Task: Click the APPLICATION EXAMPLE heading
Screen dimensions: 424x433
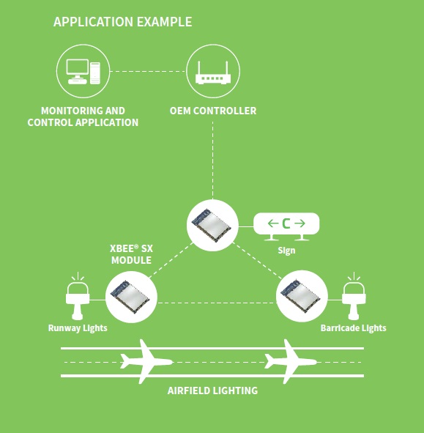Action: coord(122,22)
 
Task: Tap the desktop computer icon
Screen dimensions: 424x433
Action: coord(83,71)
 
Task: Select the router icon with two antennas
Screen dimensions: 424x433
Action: coord(213,73)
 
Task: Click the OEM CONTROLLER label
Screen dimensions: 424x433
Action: coord(213,111)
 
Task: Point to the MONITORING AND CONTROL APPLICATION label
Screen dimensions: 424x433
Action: coord(83,116)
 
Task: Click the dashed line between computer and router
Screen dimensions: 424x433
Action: coord(148,71)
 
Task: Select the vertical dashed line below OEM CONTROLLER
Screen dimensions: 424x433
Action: coord(213,160)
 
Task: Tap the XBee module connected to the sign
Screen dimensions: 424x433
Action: coord(212,226)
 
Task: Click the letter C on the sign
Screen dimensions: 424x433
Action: coord(286,223)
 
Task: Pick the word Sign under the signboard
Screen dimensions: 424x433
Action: coord(286,251)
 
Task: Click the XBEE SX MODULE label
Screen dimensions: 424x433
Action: coord(131,254)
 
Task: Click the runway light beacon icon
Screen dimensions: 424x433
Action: coord(78,296)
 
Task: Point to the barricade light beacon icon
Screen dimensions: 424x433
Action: coord(354,296)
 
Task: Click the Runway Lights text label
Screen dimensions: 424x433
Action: coord(78,328)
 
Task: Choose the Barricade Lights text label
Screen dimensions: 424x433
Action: coord(353,328)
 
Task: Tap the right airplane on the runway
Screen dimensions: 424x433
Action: coord(291,362)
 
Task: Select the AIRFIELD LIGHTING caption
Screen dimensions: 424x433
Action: coord(212,391)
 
